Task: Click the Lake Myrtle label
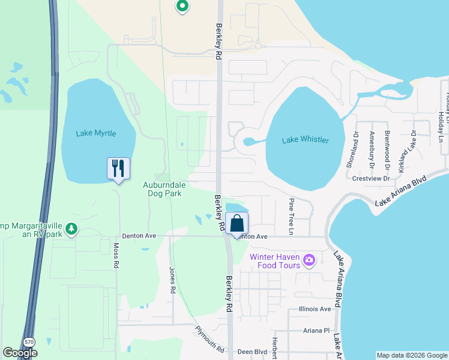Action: (96, 133)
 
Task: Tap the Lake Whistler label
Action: (306, 140)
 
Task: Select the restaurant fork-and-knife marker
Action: (118, 169)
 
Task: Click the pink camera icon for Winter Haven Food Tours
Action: (309, 260)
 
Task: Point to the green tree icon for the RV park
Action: (71, 229)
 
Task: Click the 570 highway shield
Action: (29, 341)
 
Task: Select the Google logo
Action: (20, 353)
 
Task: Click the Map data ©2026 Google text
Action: (411, 355)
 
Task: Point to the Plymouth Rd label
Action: (209, 338)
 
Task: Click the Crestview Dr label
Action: (372, 178)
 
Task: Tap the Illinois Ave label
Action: (315, 309)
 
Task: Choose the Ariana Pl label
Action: (317, 330)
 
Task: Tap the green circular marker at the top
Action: (182, 7)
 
